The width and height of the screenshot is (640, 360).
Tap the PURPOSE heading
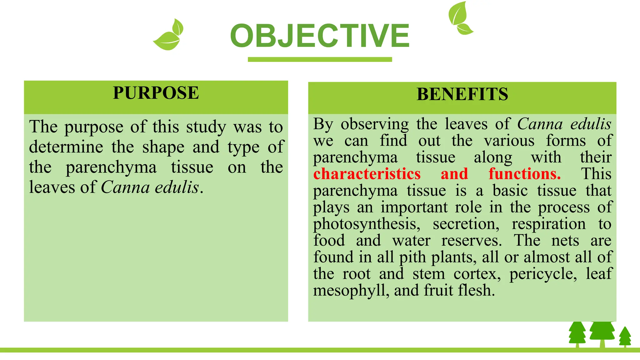click(x=156, y=93)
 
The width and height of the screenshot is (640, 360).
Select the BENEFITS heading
click(x=462, y=94)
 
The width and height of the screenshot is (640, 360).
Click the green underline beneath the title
click(x=320, y=59)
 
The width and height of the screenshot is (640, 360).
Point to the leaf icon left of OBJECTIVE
click(x=168, y=35)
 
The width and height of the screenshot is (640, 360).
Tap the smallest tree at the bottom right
click(x=625, y=337)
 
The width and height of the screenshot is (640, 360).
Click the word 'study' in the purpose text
click(x=206, y=127)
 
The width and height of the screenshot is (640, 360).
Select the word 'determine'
click(x=66, y=147)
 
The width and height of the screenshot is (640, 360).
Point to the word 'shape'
click(x=163, y=147)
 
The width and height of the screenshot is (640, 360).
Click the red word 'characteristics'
click(x=367, y=174)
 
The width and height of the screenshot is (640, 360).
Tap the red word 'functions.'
click(x=525, y=174)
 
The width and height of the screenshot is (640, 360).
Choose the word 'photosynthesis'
click(x=367, y=224)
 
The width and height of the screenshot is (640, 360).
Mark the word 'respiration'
click(x=548, y=224)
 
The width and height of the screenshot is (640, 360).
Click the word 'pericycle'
click(x=543, y=274)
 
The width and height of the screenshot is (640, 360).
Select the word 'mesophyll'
click(x=351, y=290)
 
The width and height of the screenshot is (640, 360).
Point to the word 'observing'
click(x=374, y=124)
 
